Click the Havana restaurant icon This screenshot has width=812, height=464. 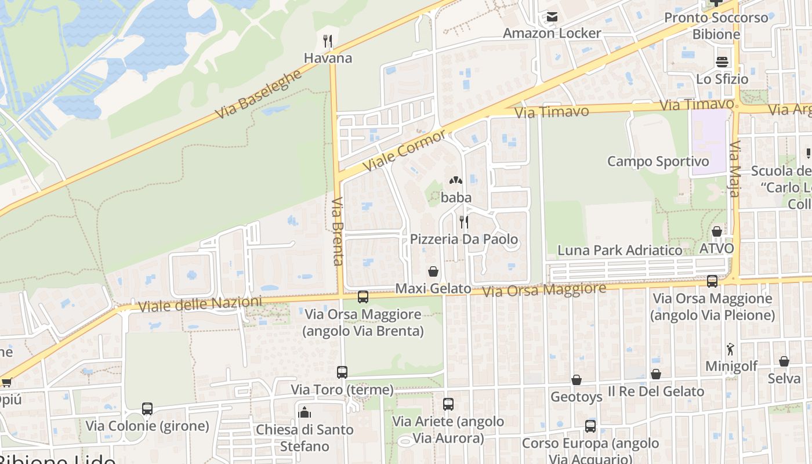(328, 41)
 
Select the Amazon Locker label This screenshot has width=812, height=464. (552, 33)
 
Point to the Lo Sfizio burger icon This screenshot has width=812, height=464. (722, 61)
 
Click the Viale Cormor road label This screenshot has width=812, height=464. (404, 151)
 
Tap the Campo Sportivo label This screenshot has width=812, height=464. (658, 161)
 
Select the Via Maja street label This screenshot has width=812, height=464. (735, 169)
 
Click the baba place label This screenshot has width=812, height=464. (456, 198)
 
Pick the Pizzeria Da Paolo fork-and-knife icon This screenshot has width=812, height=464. (463, 222)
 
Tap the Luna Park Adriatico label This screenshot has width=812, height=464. (619, 251)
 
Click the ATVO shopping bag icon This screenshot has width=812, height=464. (717, 231)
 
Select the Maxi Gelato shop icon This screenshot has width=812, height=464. (433, 271)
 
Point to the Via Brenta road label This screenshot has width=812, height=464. (338, 231)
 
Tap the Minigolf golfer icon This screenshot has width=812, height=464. (730, 349)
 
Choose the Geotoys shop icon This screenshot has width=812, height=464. (577, 380)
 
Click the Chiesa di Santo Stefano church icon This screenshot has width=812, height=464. (304, 412)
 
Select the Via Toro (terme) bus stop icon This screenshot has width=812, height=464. (342, 372)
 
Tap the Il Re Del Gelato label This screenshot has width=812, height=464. (655, 391)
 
